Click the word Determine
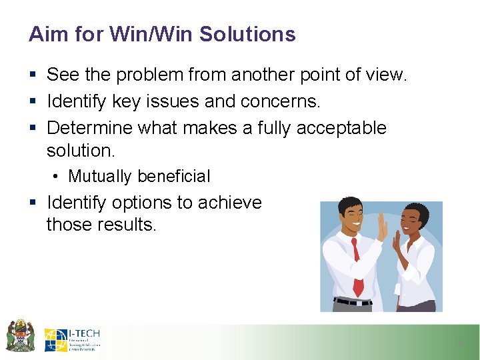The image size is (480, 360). coord(89,127)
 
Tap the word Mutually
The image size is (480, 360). coord(100,177)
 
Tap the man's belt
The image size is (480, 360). coord(352,302)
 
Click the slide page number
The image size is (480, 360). coord(458,343)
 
